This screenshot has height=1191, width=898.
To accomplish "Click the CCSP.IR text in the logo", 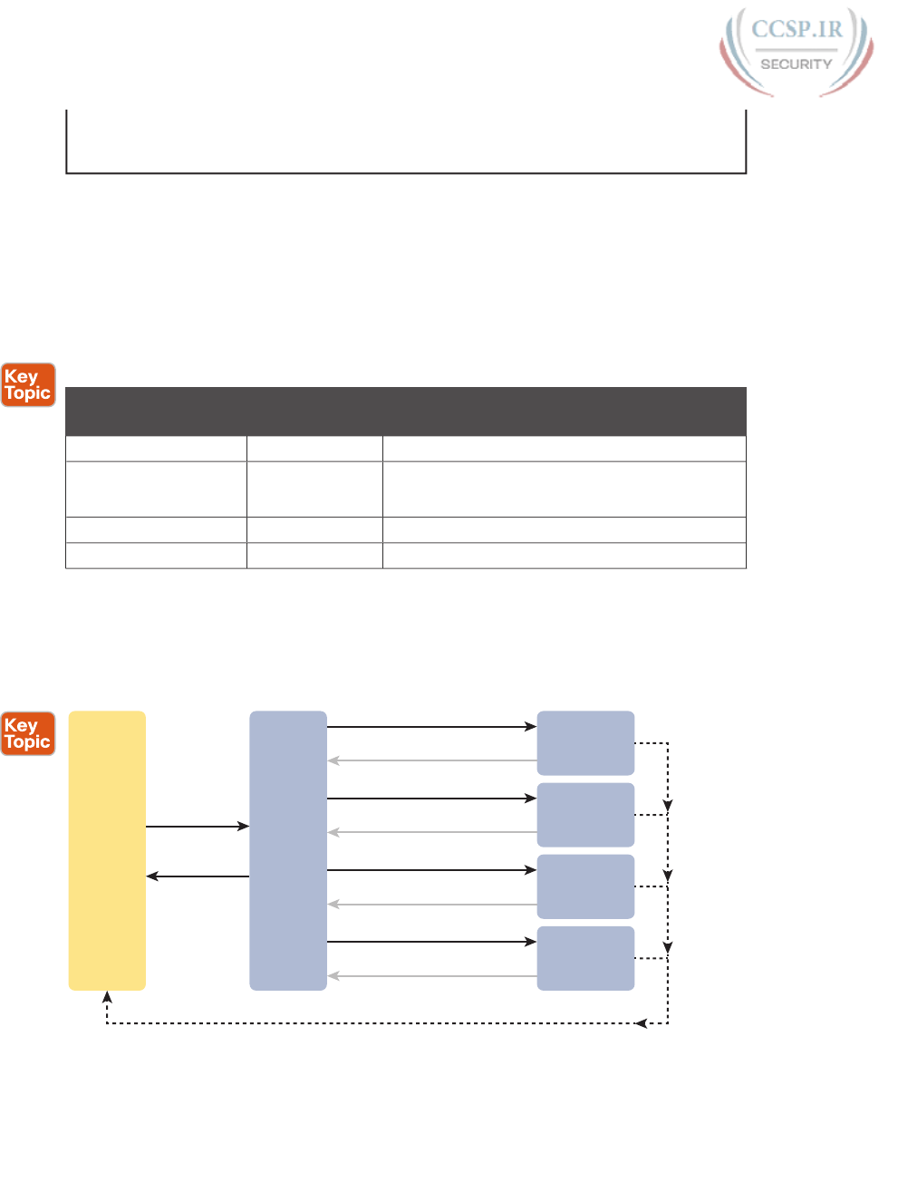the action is (x=797, y=30).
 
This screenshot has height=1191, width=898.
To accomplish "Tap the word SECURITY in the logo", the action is (x=796, y=64).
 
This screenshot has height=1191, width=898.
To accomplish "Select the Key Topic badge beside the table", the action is (x=28, y=385).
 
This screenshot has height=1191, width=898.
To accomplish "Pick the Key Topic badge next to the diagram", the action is (x=28, y=733).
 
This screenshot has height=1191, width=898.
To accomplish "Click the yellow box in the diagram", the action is (x=107, y=850).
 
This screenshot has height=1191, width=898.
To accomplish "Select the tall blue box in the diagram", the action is (x=288, y=850).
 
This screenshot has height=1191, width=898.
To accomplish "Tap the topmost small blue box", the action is (x=585, y=743).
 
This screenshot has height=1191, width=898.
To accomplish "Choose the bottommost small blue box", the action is (x=585, y=958).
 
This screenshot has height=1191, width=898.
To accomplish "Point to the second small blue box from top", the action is (x=585, y=815).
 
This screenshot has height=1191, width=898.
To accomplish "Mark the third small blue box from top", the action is (x=585, y=886).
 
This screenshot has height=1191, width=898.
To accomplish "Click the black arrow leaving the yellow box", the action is (x=198, y=827).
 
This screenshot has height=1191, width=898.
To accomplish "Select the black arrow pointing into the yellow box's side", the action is (x=198, y=876).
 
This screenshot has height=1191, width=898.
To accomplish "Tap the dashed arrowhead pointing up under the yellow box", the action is (x=107, y=998).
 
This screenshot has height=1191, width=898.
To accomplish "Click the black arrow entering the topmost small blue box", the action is (x=431, y=727).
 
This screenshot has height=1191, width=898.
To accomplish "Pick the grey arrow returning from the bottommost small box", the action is (x=431, y=976).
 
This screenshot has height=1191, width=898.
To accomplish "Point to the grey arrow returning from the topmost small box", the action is (x=431, y=760).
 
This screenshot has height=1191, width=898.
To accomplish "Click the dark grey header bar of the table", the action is (x=406, y=412).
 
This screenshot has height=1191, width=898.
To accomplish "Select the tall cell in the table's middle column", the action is (x=314, y=489).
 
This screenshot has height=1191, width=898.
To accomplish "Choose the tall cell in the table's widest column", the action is (x=564, y=489).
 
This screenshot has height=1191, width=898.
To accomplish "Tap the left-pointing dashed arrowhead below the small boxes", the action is (x=642, y=1023).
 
